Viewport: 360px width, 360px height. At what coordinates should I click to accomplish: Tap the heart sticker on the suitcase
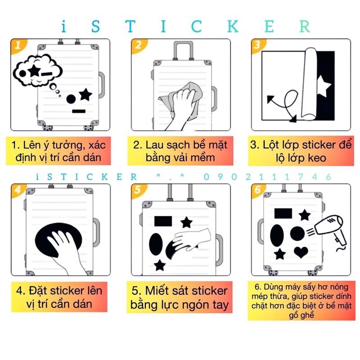click(302, 252)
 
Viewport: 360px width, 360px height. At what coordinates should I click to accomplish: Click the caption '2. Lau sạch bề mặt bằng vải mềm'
click(180, 151)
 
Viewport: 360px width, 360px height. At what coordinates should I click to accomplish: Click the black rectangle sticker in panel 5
click(163, 221)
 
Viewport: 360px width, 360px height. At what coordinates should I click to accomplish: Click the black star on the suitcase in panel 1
click(85, 94)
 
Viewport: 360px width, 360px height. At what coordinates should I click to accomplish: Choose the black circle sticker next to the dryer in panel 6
click(297, 233)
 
